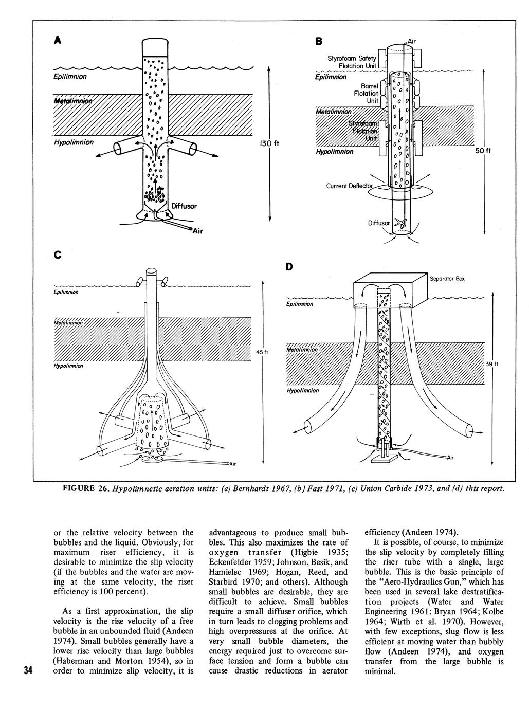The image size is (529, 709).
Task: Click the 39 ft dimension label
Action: tap(492, 364)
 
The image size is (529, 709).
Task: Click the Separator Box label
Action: tap(447, 279)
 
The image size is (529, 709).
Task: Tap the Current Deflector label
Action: tap(349, 186)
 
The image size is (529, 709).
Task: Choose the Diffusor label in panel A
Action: tap(184, 206)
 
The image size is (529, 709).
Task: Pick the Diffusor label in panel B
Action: tap(379, 223)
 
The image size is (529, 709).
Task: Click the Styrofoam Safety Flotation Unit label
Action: tap(352, 62)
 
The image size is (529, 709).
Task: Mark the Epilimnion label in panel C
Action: tap(67, 292)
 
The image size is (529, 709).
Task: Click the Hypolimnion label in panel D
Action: tap(303, 391)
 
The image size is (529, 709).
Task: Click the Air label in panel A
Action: tap(197, 231)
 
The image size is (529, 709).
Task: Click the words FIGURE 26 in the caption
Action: tap(85, 488)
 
